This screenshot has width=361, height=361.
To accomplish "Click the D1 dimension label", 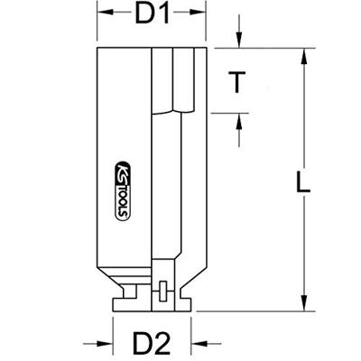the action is tap(153, 13).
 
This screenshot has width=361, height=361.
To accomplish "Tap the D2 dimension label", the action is tap(152, 344).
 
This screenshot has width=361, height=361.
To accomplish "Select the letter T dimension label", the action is tap(236, 82).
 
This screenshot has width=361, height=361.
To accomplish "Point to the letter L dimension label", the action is tap(302, 181).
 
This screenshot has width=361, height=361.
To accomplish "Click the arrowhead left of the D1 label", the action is tap(105, 13).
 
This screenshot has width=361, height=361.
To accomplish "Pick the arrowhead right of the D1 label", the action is tap(199, 13).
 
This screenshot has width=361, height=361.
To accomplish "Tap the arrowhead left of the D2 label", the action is tap(105, 344).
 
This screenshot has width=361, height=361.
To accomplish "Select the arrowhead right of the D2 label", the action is tap(199, 344).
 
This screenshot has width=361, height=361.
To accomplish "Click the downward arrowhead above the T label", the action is tap(239, 40).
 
